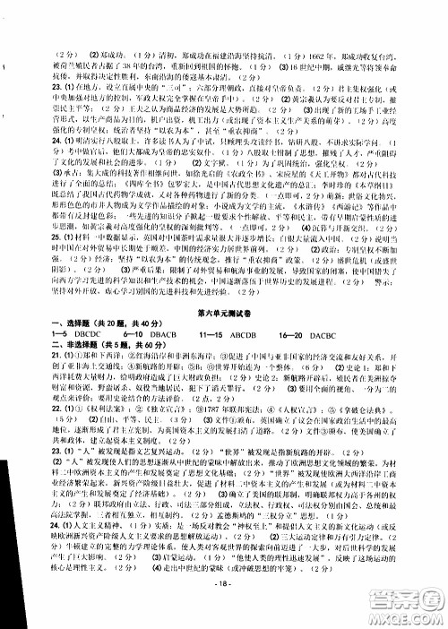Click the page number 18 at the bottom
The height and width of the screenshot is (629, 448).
click(x=224, y=610)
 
